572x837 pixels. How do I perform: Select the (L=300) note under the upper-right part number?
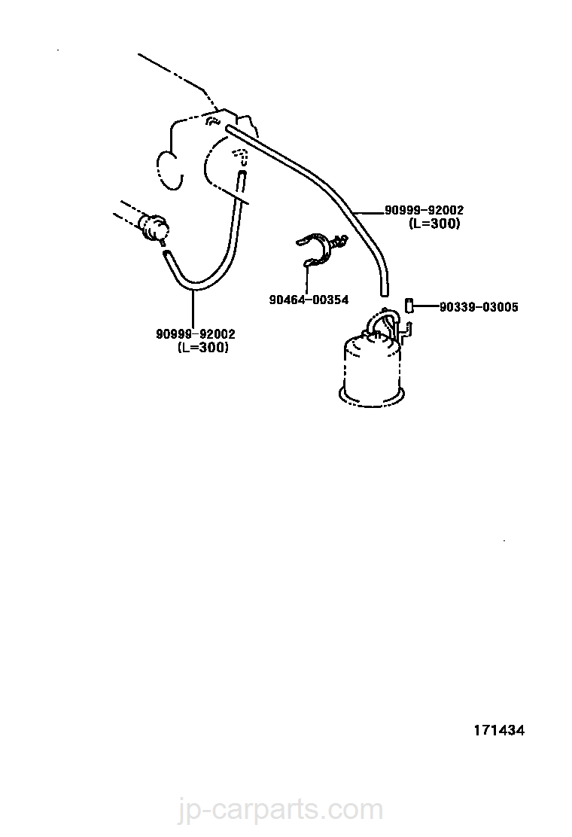point(434,224)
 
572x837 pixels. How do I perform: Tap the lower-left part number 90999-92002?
point(196,335)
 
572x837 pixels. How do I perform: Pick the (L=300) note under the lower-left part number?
point(203,347)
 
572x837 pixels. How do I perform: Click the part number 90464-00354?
point(309,300)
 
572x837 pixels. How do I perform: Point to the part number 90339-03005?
point(479,307)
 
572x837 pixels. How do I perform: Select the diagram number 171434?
point(498,730)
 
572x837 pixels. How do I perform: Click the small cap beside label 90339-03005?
point(409,305)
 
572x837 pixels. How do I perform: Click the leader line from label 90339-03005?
point(425,306)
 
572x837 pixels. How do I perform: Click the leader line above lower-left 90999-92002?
point(193,309)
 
